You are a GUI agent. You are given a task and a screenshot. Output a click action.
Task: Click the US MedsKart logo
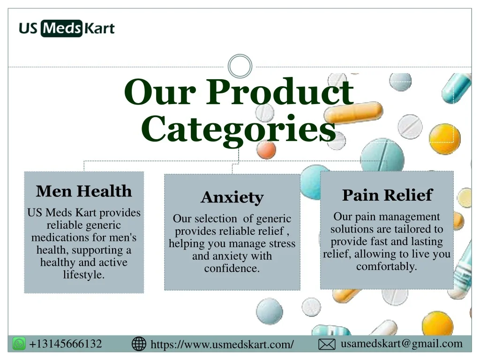[x=67, y=28]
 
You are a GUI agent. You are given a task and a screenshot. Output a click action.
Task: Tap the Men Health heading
[x=84, y=191]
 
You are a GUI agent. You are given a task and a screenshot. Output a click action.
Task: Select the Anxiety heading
[x=232, y=197]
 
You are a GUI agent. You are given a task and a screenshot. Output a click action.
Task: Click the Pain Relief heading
[x=387, y=195]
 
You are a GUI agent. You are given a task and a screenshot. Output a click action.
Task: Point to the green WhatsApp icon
[x=19, y=344]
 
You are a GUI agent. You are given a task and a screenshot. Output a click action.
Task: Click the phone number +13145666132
[x=66, y=344]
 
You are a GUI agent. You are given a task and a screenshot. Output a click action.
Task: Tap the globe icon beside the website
[x=139, y=344]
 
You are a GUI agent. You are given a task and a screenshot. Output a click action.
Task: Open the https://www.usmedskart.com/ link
[x=222, y=345]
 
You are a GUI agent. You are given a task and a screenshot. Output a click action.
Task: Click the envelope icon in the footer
[x=327, y=345]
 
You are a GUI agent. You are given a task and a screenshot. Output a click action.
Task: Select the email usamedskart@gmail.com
[x=402, y=344]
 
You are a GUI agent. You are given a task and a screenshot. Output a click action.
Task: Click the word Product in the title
[x=280, y=92]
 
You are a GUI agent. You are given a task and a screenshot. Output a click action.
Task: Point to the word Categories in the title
[x=239, y=129]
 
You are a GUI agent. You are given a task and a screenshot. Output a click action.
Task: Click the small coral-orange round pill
[x=266, y=150]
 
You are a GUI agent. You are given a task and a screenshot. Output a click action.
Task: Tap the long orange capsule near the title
[x=353, y=112]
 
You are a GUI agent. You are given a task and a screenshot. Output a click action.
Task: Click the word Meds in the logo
[x=61, y=29]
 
